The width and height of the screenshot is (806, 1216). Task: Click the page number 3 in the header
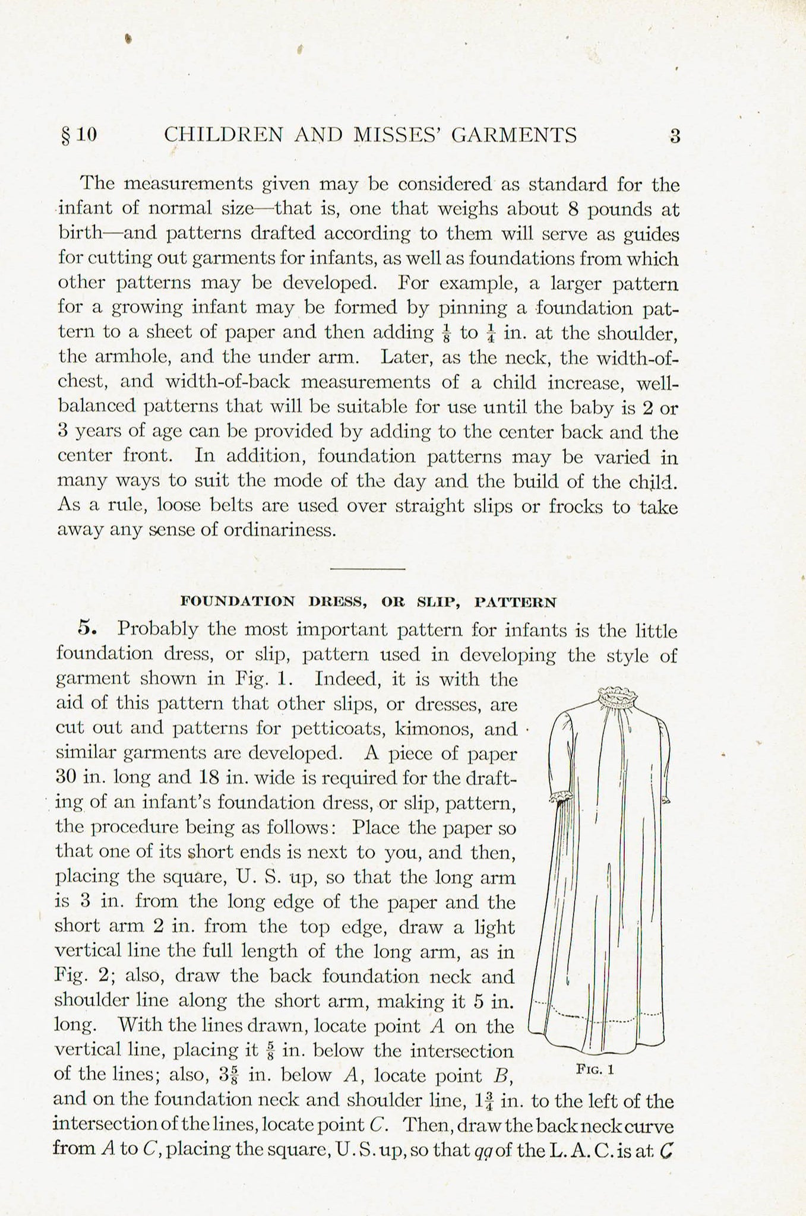click(x=674, y=136)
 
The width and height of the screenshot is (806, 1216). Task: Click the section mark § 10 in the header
click(x=78, y=135)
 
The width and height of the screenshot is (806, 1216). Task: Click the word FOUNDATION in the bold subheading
click(x=238, y=601)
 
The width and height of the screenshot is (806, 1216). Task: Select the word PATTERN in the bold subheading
click(x=516, y=602)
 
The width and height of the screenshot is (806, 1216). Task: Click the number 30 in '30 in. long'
click(x=65, y=777)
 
